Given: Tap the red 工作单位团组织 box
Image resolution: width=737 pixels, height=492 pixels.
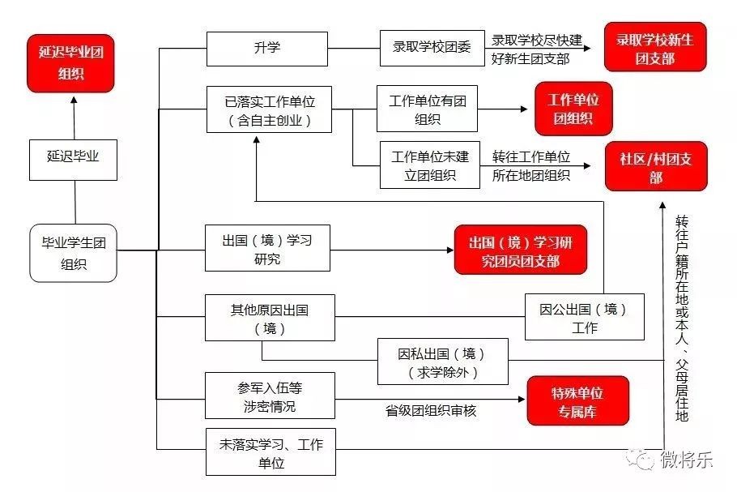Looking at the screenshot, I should (573, 109).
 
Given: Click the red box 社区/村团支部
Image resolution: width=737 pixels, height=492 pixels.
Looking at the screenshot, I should (655, 166).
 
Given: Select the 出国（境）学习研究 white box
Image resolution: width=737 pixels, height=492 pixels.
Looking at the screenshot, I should (267, 248).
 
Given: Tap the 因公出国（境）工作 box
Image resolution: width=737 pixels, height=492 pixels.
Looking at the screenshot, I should (584, 317).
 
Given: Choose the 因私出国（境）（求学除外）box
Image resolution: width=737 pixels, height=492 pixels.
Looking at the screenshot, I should (442, 362).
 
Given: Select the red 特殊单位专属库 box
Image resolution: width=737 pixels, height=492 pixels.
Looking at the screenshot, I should (567, 400).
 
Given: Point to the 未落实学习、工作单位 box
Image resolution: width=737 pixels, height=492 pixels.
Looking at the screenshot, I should (270, 452).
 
